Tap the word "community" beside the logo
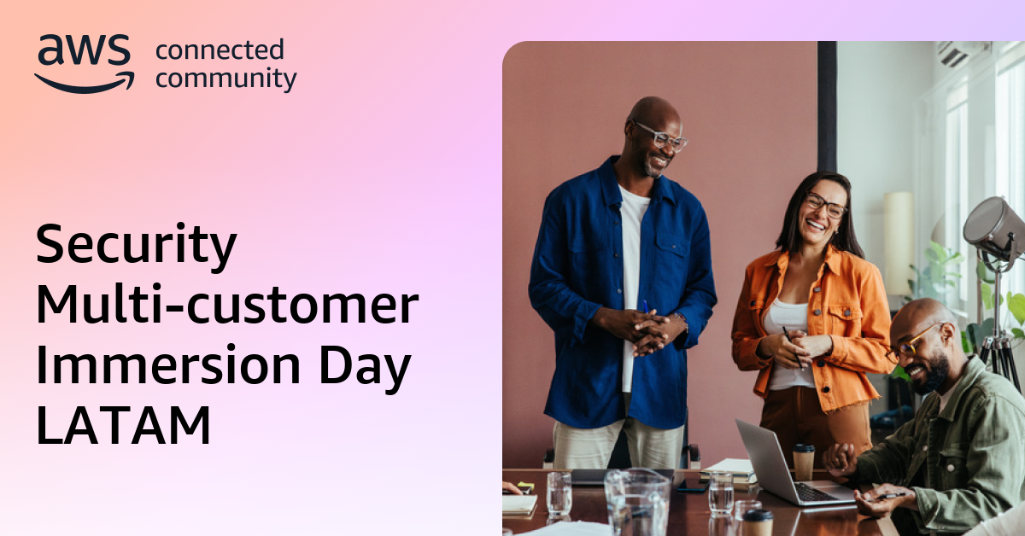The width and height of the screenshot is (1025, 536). pos(225,79)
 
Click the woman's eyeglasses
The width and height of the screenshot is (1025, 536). pos(825,205)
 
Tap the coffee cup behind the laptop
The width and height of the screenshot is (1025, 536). pos(804,462)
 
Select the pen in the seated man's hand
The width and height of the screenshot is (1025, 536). pos(889,495)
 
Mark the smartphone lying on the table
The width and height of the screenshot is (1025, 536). pos(692,486)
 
